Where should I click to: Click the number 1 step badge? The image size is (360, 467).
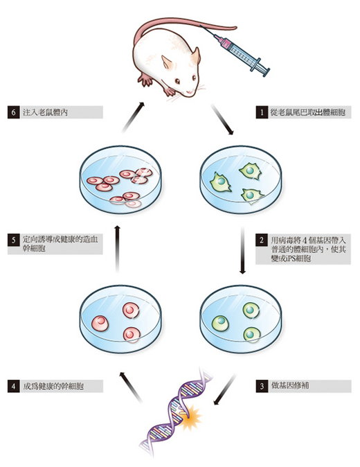(262, 112)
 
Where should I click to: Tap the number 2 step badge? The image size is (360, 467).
(262, 240)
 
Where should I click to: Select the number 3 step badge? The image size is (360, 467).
(262, 386)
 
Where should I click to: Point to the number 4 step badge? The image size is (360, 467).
(14, 386)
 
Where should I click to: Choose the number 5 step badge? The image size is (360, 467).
(14, 240)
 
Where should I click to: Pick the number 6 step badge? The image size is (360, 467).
(14, 112)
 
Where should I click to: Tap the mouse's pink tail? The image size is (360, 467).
(179, 26)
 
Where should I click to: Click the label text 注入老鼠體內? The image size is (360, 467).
(45, 112)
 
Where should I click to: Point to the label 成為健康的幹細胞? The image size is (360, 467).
(53, 387)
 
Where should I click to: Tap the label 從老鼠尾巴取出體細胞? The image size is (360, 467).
(308, 112)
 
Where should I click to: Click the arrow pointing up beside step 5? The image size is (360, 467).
(117, 249)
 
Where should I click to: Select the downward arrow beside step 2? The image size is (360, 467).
(242, 250)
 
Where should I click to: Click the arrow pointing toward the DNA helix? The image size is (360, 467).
(224, 389)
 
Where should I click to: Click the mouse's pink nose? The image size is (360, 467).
(190, 93)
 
